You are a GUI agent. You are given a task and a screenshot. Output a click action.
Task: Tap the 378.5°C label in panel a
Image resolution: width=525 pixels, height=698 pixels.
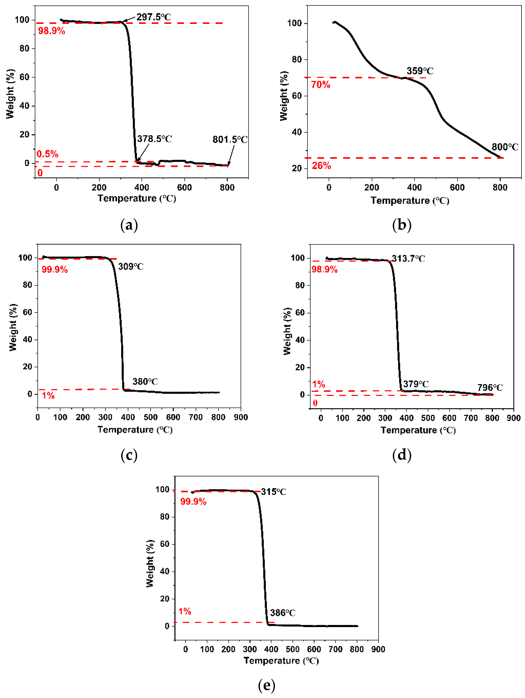pyautogui.click(x=154, y=139)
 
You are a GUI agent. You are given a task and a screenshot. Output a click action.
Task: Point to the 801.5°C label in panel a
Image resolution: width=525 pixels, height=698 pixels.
pyautogui.click(x=230, y=140)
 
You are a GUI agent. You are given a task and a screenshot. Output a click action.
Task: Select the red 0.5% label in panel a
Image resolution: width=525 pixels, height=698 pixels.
pyautogui.click(x=47, y=154)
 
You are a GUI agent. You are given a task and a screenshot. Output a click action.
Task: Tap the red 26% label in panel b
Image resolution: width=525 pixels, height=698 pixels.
pyautogui.click(x=321, y=166)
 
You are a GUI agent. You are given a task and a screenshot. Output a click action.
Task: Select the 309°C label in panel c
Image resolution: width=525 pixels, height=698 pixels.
pyautogui.click(x=131, y=267)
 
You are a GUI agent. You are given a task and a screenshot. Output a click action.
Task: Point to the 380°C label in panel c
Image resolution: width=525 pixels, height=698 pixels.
pyautogui.click(x=145, y=382)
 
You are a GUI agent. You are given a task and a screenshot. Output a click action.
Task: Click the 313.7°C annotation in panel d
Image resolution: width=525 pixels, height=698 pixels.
pyautogui.click(x=408, y=259)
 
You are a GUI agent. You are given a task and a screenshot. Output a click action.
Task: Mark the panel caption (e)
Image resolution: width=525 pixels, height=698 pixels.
pyautogui.click(x=266, y=685)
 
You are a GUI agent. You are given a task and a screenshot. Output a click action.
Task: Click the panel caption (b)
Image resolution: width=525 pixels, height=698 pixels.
pyautogui.click(x=402, y=225)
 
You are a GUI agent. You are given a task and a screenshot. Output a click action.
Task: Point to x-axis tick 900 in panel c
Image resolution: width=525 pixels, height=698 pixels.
pyautogui.click(x=241, y=417)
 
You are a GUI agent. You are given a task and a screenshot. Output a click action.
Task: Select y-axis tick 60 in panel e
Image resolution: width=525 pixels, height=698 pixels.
pyautogui.click(x=165, y=544)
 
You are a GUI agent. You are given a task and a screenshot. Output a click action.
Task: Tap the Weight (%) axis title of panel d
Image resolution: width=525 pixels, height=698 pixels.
pyautogui.click(x=287, y=331)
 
